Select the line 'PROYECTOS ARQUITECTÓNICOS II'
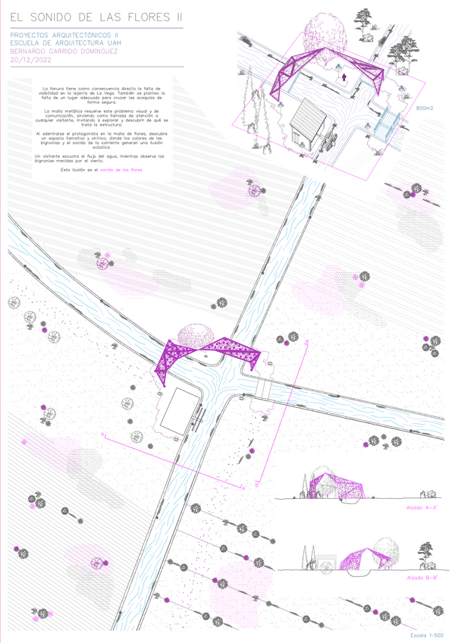64,35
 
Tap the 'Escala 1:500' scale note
425,633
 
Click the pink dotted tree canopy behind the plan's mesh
199,333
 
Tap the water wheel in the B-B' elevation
327,563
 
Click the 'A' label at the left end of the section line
103,434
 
